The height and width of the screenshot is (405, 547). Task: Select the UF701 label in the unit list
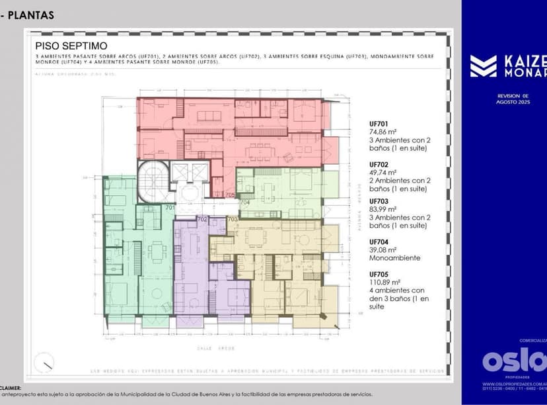click(379, 123)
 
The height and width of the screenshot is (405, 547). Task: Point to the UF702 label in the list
click(379, 164)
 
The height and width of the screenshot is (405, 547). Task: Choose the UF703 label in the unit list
click(379, 201)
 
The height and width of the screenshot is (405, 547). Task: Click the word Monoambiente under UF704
click(394, 257)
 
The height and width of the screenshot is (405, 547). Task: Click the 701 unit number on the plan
click(169, 207)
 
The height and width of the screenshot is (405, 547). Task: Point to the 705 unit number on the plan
click(229, 195)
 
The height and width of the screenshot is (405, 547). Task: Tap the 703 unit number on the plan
click(232, 219)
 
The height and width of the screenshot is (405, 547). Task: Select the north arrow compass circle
click(45, 362)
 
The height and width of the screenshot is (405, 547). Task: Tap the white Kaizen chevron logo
click(483, 66)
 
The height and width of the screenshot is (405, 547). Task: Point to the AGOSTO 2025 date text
click(513, 102)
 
